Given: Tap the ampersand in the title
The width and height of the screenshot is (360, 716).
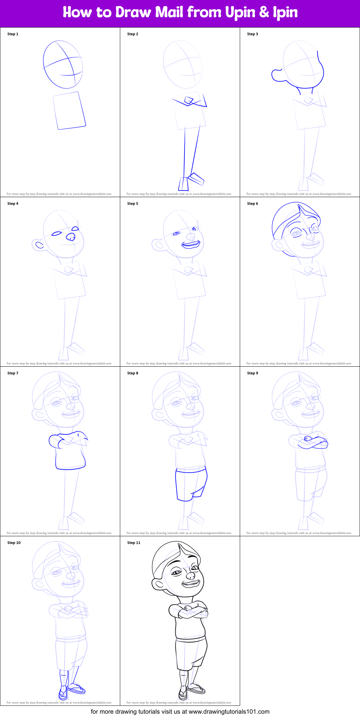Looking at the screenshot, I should tap(264, 13).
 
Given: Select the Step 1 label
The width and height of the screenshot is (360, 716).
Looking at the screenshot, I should tap(13, 34).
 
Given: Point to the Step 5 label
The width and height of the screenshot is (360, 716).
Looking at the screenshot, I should tap(133, 204).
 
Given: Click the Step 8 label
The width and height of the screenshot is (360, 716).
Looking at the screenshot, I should tap(133, 373).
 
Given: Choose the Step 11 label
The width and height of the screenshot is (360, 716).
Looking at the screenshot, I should tap(134, 543).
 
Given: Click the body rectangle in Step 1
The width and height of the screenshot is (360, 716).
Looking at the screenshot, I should tap(69, 110).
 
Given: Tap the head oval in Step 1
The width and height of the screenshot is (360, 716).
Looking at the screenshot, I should tap(63, 65).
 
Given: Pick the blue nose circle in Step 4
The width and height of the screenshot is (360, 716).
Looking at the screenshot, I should tap(71, 237).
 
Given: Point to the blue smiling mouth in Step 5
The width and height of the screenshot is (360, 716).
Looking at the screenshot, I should tap(191, 244).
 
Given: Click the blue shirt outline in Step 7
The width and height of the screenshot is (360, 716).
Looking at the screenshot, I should tap(70, 452).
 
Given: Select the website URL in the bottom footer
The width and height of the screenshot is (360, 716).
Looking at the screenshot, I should tap(229, 711).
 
